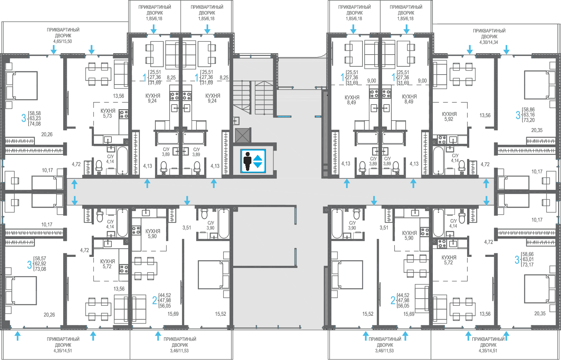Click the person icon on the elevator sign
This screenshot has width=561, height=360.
point(247,161)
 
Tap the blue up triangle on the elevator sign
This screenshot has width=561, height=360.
point(258,158)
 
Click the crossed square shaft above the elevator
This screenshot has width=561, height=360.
point(242,135)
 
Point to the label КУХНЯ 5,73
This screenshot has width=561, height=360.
point(108,113)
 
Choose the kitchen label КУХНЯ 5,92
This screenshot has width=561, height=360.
point(449,117)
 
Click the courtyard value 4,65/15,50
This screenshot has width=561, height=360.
point(62,41)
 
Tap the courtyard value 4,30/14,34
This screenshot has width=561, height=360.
point(489,42)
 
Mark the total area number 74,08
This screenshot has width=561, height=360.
point(35,124)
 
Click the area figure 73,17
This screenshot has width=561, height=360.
point(528,265)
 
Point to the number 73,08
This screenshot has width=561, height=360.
point(40,269)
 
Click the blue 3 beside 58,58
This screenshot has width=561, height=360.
point(24,118)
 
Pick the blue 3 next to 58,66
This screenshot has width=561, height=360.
point(517,260)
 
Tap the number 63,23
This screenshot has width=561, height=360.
point(35,118)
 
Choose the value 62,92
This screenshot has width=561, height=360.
point(40,264)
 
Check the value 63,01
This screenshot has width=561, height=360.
point(528,259)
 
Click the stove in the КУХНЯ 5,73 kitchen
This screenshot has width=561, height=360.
point(124,114)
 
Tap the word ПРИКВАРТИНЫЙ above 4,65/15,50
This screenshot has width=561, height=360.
point(63,30)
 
